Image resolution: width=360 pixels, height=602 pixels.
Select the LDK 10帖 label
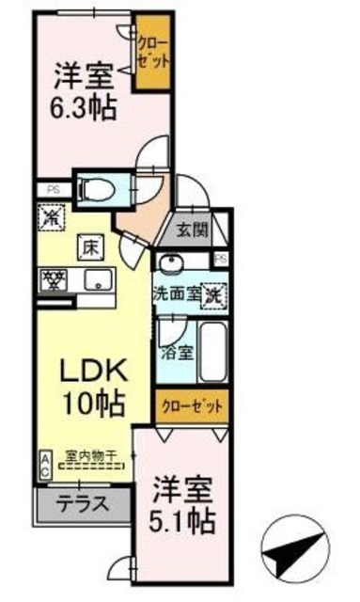coord(93,388)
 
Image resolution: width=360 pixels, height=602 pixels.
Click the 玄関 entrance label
coord(196,230)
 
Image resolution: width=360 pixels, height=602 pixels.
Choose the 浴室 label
coord(177,355)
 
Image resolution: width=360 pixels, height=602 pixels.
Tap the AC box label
coord(45,465)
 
